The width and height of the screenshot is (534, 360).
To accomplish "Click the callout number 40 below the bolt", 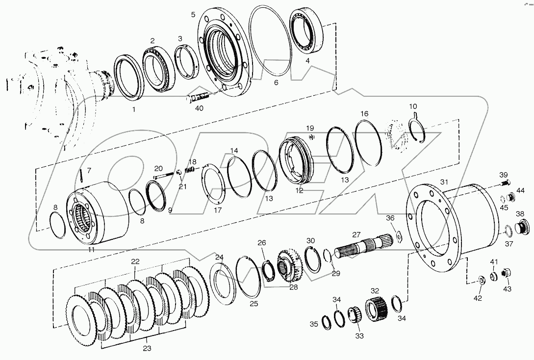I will [x=199, y=109].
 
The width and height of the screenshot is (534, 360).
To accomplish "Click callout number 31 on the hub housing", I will [x=444, y=182].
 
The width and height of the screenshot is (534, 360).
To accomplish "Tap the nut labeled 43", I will [x=507, y=272].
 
